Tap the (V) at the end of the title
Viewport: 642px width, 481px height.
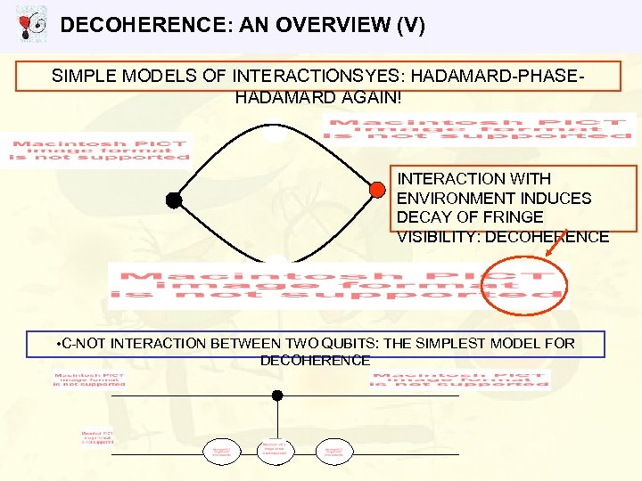click(407, 25)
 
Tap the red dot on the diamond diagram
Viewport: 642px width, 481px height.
click(377, 189)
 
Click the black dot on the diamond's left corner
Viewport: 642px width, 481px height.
click(174, 200)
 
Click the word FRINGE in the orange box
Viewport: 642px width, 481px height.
click(513, 217)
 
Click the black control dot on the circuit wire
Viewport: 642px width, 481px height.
click(277, 395)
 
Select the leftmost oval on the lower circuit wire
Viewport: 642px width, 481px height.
click(221, 452)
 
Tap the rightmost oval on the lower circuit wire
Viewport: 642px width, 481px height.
click(334, 452)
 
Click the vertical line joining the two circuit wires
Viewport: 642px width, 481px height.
click(277, 419)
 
